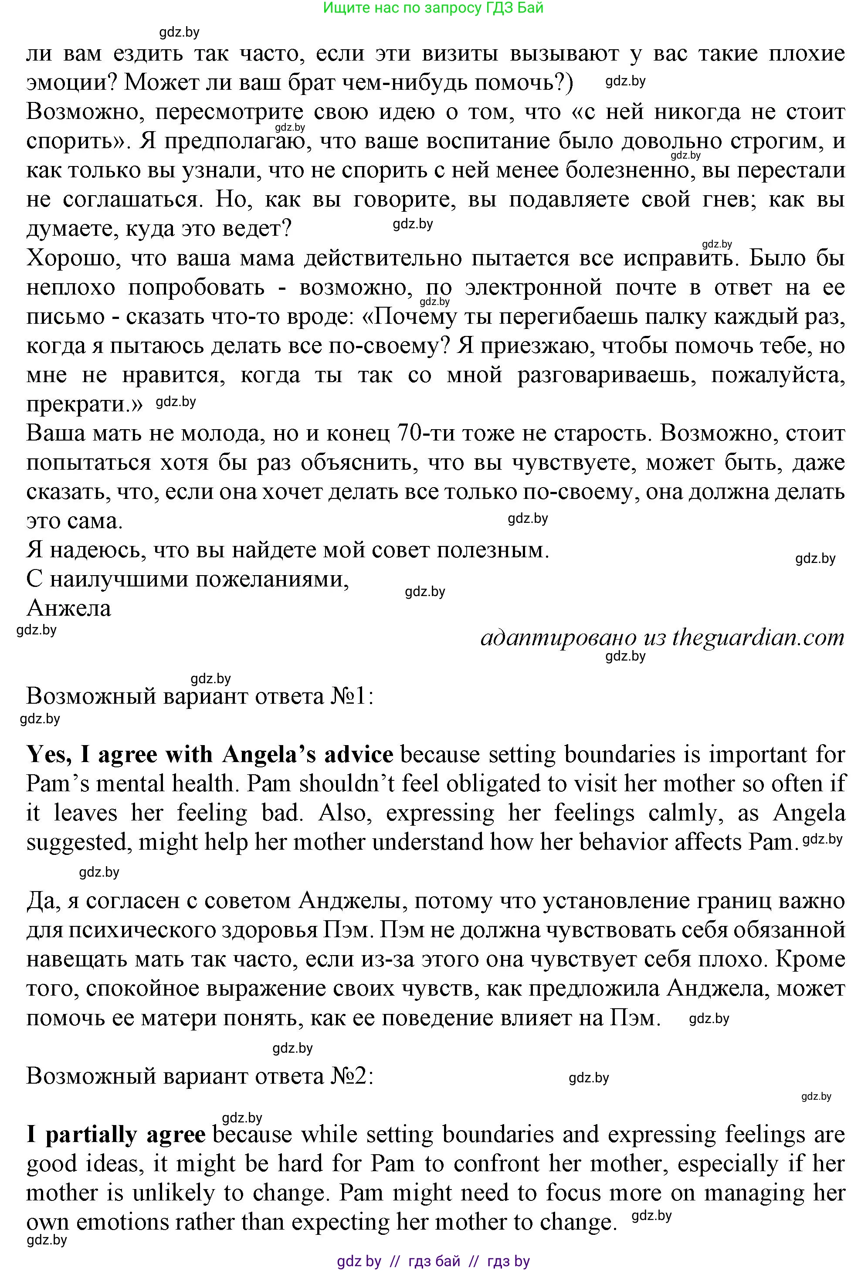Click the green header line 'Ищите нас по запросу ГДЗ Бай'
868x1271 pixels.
(433, 8)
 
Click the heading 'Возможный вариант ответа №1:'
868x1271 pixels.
(200, 696)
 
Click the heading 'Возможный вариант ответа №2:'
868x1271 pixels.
(200, 1076)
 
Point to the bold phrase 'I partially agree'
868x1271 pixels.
(116, 1135)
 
